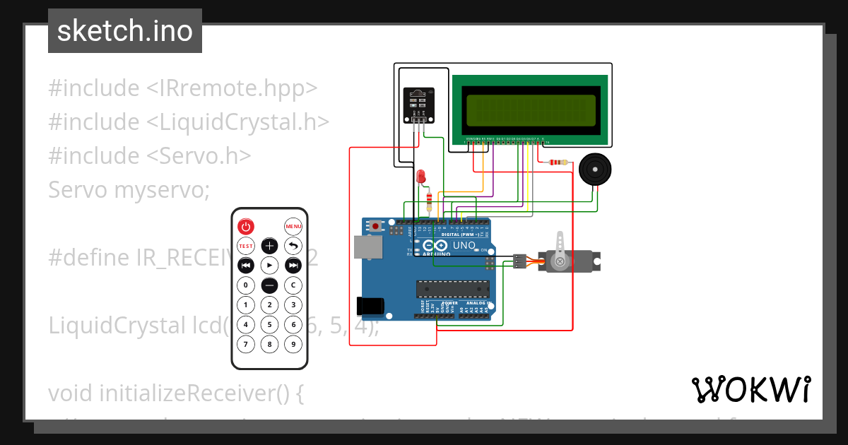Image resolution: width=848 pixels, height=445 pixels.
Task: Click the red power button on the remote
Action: (245, 227)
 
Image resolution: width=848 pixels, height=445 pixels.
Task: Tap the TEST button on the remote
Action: (245, 246)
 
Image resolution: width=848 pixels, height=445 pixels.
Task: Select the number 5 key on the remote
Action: (269, 325)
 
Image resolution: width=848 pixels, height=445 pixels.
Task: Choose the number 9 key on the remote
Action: (293, 345)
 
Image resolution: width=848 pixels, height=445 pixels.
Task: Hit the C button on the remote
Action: (293, 285)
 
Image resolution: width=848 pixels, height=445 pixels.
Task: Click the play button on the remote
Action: (269, 266)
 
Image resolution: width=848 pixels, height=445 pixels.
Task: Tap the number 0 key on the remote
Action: (245, 285)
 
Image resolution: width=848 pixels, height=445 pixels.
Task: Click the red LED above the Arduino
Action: (421, 175)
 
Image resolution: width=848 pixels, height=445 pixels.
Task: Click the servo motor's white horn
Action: (560, 249)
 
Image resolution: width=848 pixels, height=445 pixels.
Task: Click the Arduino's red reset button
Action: (376, 226)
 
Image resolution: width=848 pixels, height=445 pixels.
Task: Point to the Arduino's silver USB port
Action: (367, 247)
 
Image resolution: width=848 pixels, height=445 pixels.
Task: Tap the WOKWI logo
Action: (750, 389)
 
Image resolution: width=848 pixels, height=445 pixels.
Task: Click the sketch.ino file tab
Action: (125, 31)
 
